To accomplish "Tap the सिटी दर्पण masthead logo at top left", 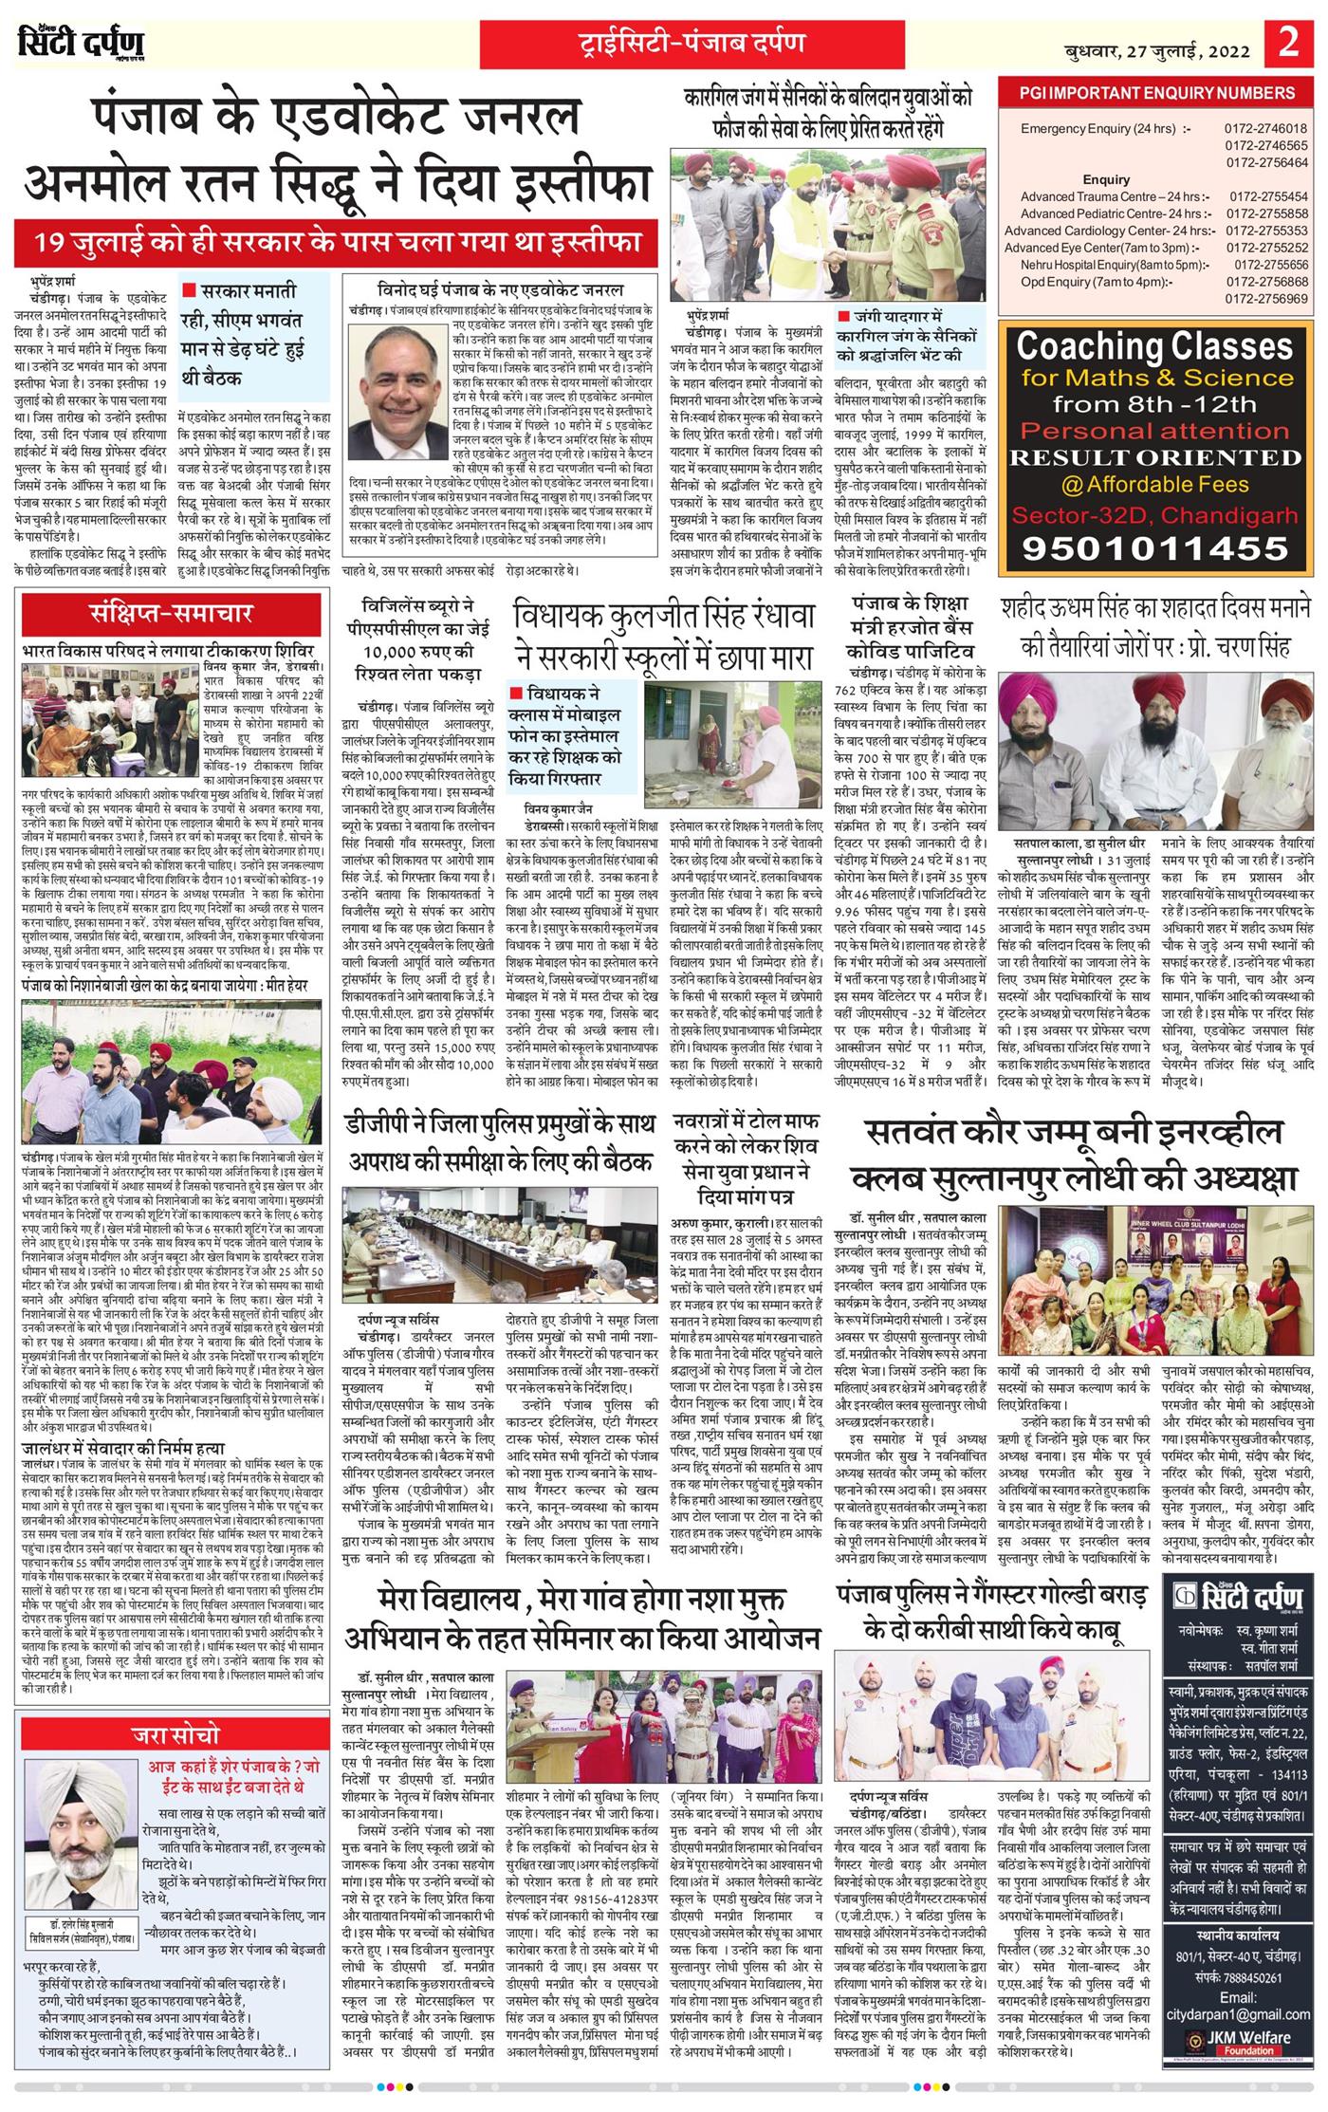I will tap(81, 45).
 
